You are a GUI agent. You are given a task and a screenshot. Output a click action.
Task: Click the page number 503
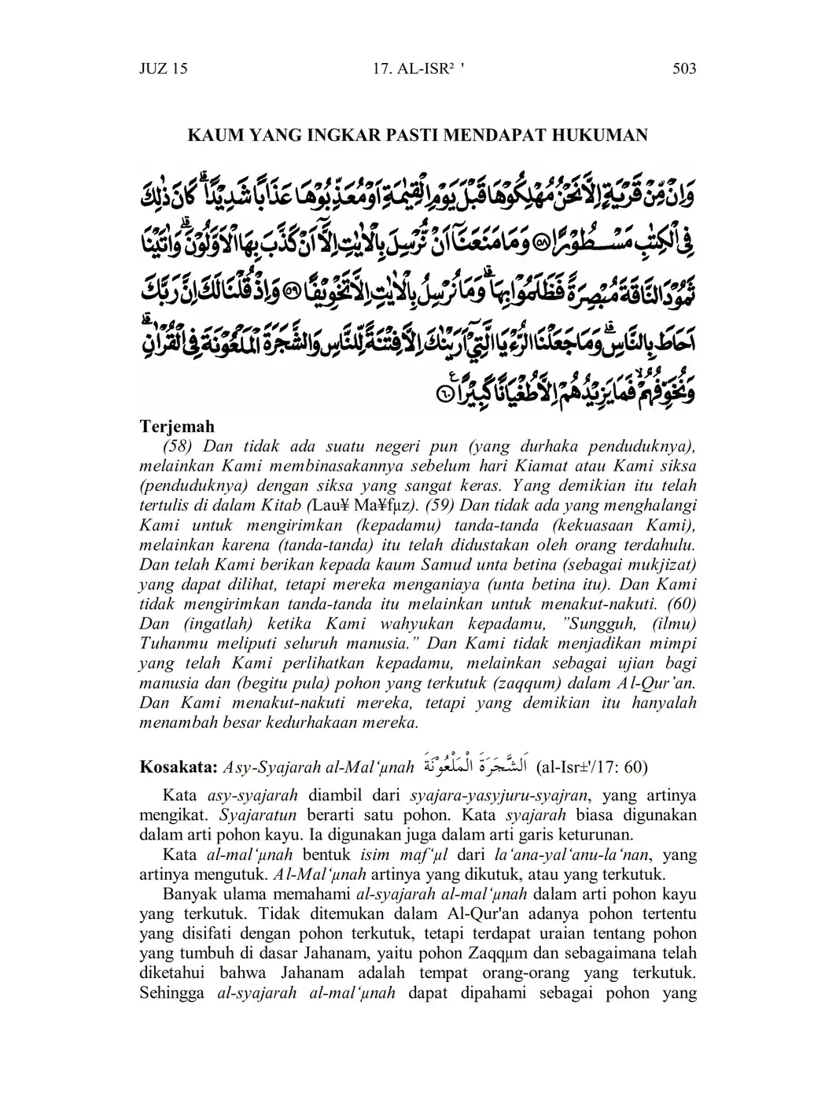684,68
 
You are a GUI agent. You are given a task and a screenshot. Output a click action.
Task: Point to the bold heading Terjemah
177,426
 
